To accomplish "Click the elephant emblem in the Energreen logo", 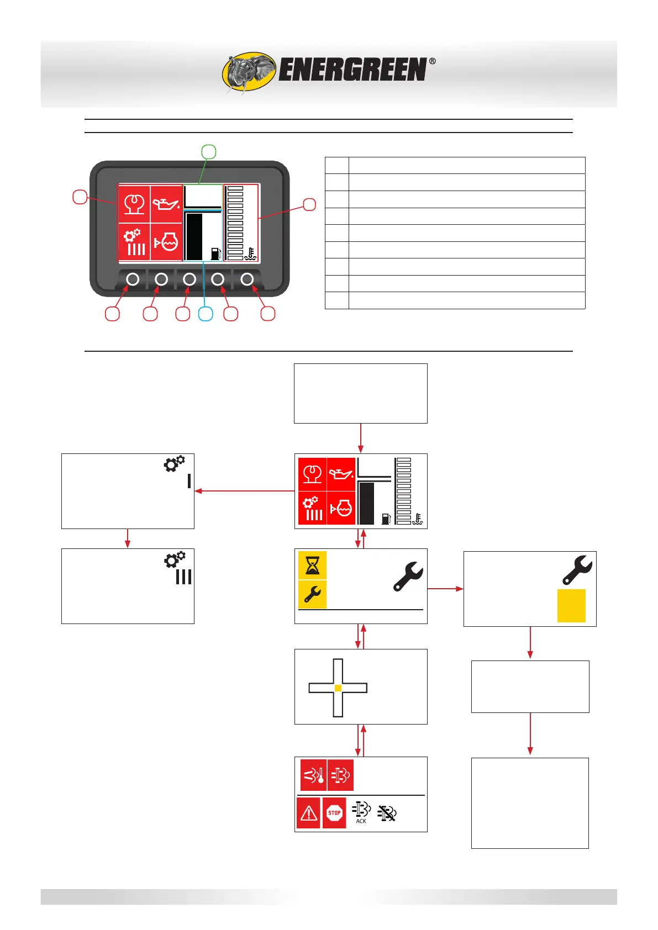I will [249, 72].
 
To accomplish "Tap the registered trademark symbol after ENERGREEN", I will [432, 61].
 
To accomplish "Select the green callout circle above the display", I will [208, 151].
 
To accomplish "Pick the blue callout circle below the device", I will [206, 314].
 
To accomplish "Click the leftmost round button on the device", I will [133, 279].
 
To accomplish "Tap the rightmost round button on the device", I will [247, 279].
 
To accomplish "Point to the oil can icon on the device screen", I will [166, 204].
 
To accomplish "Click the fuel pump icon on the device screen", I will [216, 253].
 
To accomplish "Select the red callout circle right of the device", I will [309, 204].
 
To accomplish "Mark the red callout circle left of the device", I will [80, 197].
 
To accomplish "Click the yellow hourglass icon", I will [312, 565].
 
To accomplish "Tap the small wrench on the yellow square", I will [312, 594].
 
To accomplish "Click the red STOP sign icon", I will [334, 813].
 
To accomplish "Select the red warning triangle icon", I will [308, 813].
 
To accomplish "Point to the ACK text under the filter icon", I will [361, 821].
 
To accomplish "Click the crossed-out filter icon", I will [387, 812].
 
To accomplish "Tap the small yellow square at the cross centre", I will [338, 688].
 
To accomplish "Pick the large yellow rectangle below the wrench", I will [571, 606].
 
